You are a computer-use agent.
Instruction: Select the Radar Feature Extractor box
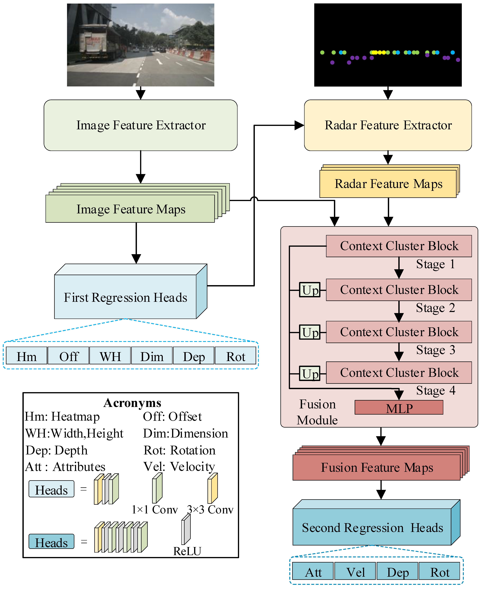click(x=388, y=125)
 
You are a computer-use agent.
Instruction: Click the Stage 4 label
click(x=435, y=390)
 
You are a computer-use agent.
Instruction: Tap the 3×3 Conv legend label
click(x=210, y=509)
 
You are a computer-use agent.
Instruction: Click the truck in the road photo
click(x=94, y=42)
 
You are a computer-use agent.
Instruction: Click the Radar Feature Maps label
click(x=388, y=184)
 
